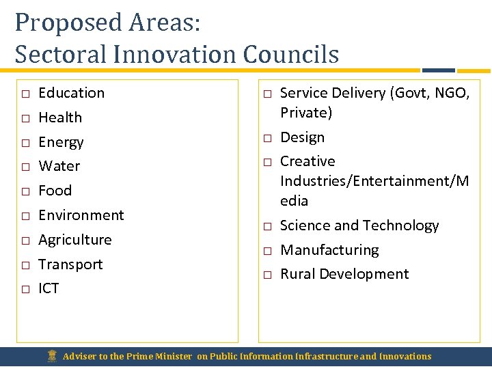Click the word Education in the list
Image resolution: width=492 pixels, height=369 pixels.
[x=71, y=93]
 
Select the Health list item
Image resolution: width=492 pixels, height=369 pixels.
[x=60, y=118]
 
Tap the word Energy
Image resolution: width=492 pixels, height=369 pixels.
[x=61, y=142]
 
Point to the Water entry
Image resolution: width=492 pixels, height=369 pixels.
[x=59, y=166]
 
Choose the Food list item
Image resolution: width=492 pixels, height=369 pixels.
[x=55, y=191]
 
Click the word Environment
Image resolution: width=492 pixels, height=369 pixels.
[x=81, y=215]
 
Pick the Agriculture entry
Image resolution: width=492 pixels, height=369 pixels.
[x=75, y=240]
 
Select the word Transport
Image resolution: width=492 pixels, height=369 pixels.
[x=70, y=264]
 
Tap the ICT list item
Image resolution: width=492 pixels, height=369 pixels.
[x=49, y=288]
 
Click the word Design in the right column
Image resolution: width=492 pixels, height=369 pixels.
[x=303, y=137]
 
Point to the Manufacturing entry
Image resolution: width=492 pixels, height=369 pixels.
[x=329, y=250]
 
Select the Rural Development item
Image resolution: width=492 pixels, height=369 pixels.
[x=344, y=274]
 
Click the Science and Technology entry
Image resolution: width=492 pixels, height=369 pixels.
[x=359, y=225]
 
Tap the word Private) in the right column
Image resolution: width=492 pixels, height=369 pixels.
[x=306, y=113]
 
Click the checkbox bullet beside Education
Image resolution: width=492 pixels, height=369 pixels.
[x=25, y=94]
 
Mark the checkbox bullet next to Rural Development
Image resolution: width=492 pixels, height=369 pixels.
[x=267, y=275]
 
